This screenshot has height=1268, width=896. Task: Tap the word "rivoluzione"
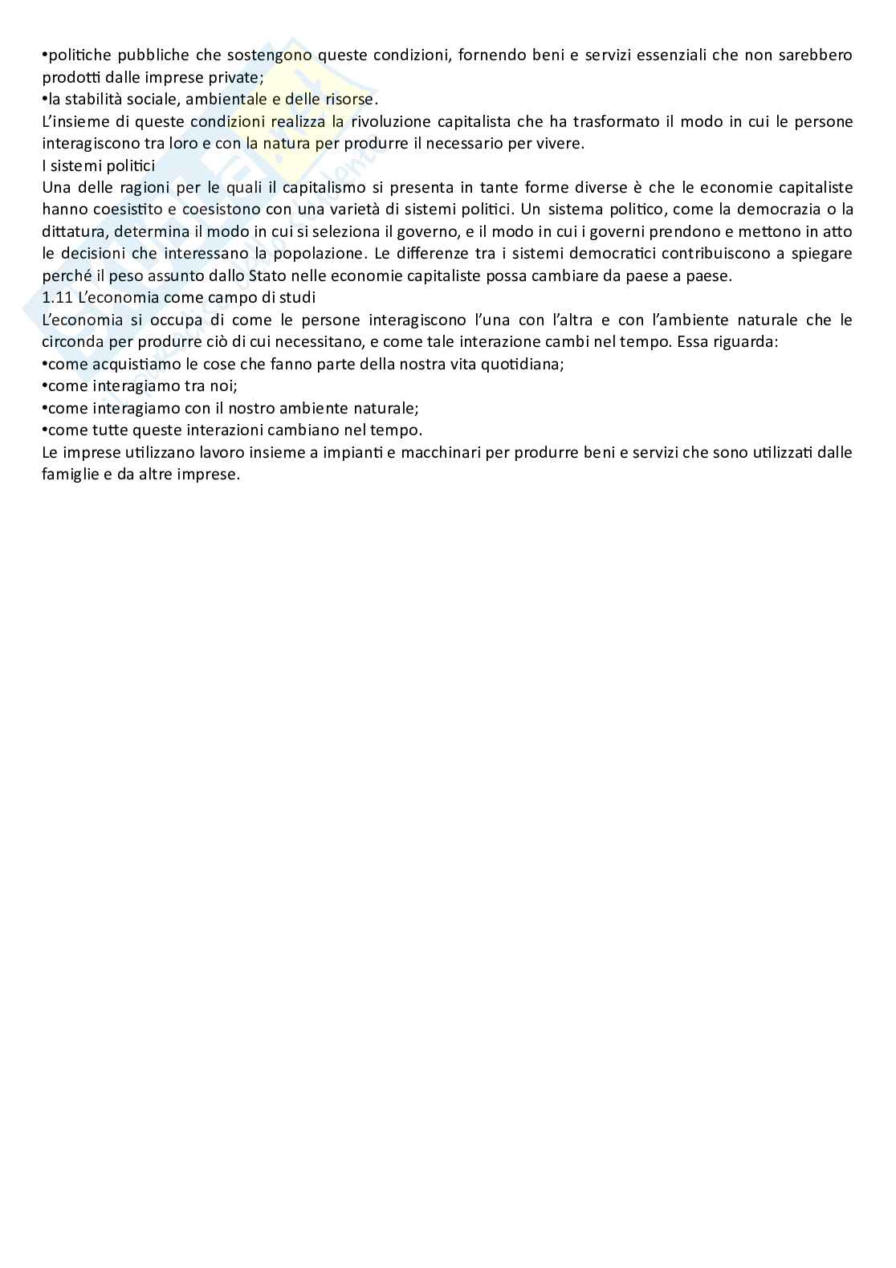pos(392,122)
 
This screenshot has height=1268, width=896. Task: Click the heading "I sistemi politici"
pos(98,166)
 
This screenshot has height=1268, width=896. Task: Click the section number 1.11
pos(57,298)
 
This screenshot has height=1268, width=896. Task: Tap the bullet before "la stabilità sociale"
pos(44,100)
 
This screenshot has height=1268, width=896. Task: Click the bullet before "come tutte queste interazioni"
pos(44,430)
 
